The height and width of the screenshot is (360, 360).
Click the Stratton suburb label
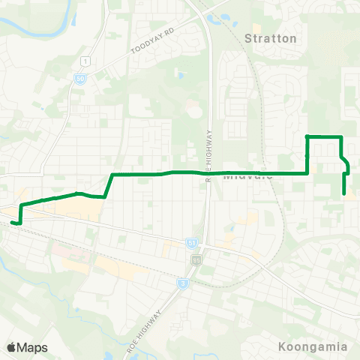[271, 37]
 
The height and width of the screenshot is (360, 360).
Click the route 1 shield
[88, 60]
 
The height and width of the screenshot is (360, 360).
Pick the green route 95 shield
[197, 259]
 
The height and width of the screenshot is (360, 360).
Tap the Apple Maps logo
[28, 347]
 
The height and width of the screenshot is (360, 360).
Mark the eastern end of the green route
[344, 193]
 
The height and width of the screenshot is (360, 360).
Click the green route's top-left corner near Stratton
[307, 136]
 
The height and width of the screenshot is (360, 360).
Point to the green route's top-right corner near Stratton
[341, 136]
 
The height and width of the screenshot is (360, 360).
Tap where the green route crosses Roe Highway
[207, 172]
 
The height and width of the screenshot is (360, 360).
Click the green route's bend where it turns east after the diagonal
[112, 175]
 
